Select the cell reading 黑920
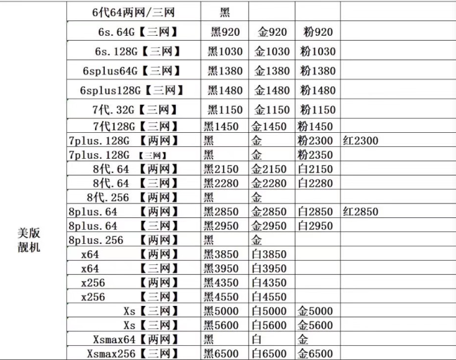225,32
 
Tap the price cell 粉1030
317,51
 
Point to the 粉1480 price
317,91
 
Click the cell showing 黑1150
225,110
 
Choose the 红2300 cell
360,141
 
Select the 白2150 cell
315,169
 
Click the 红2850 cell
360,212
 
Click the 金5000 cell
315,311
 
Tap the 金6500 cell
315,354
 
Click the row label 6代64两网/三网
134,13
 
